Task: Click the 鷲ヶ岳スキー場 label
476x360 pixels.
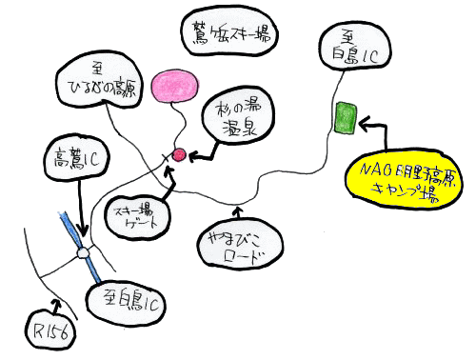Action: click(x=228, y=36)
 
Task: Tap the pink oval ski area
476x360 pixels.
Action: click(x=175, y=86)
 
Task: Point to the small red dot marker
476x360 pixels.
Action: click(x=177, y=154)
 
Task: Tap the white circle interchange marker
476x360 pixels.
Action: click(x=83, y=253)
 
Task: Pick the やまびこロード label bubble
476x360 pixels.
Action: click(x=242, y=246)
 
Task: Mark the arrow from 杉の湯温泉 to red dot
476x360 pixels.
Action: click(x=200, y=148)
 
